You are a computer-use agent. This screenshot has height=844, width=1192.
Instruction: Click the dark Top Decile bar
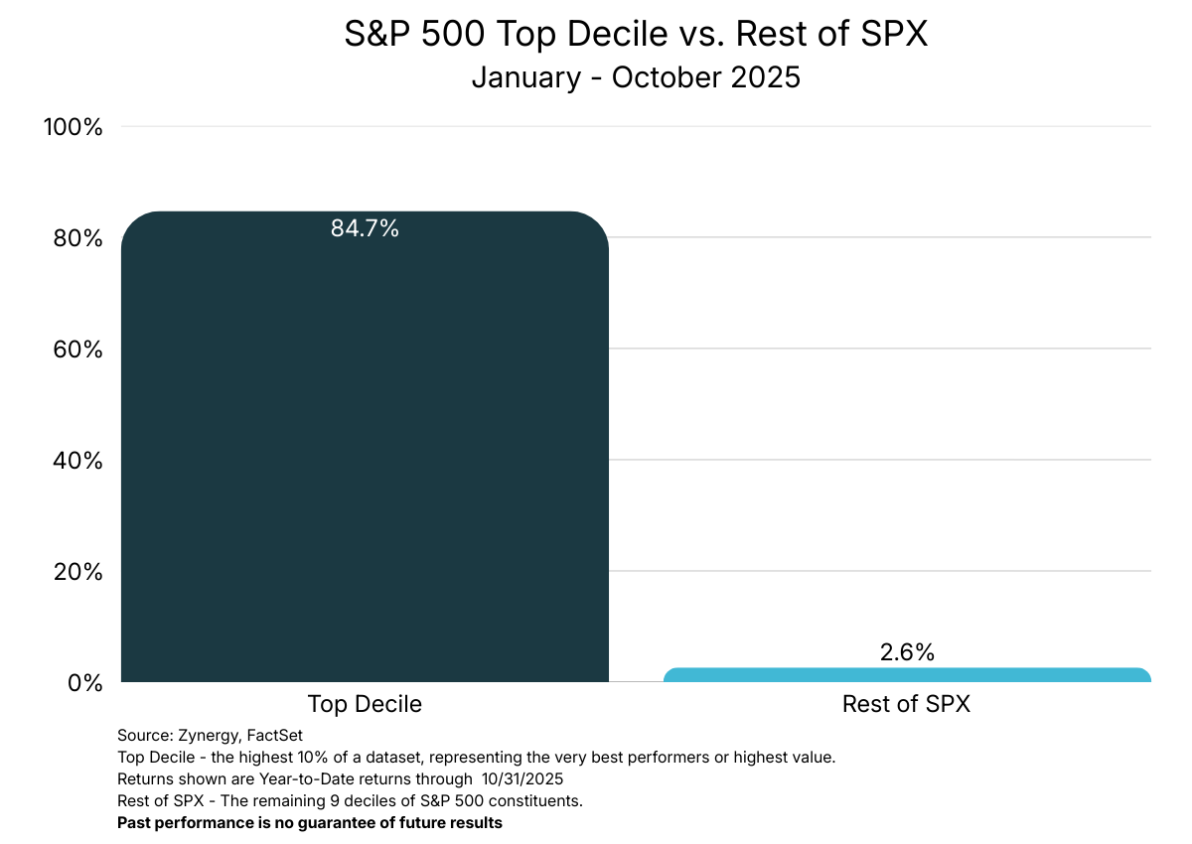tap(365, 447)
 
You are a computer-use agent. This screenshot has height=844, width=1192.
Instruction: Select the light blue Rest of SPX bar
tap(907, 675)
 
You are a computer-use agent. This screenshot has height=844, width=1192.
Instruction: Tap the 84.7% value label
tap(365, 228)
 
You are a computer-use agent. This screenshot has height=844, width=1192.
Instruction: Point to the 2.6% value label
tap(907, 652)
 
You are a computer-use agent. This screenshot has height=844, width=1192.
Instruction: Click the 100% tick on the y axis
tap(73, 127)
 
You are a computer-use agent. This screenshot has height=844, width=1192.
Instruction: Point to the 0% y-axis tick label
tap(83, 683)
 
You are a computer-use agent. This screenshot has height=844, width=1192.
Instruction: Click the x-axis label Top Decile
tap(365, 704)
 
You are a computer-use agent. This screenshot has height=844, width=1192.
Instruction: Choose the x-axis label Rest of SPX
tap(906, 704)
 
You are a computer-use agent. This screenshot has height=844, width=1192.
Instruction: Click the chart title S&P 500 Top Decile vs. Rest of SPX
tap(636, 35)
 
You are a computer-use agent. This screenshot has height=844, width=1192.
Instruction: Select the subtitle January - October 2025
tap(636, 76)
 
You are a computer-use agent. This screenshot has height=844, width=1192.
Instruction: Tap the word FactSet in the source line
tap(269, 736)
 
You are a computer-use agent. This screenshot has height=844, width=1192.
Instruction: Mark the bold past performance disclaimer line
tap(310, 823)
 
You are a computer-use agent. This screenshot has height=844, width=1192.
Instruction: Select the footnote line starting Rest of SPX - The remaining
tap(350, 801)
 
